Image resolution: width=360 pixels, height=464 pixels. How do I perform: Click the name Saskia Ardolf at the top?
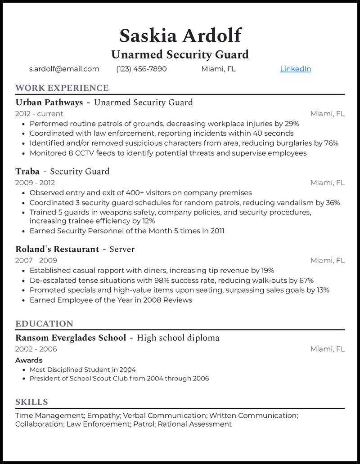coord(180,36)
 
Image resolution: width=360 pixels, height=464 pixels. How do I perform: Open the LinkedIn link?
coord(295,69)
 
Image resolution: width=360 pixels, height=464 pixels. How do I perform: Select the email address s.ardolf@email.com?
coord(64,69)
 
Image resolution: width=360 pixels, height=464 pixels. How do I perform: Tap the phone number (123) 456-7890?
coord(141,69)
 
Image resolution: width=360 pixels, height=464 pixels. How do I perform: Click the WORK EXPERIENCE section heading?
coord(62,88)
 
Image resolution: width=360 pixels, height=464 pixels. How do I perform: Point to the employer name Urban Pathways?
coord(49,103)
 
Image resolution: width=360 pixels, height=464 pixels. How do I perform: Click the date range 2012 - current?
coord(39,114)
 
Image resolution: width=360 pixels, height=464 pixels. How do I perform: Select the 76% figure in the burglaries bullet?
coord(331,143)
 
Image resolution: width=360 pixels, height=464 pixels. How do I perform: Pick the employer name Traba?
coord(27,171)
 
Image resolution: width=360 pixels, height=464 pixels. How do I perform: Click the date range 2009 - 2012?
coord(35,183)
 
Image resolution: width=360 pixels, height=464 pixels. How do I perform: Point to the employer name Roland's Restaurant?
coord(57,249)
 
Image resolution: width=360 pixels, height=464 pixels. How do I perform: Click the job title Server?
coord(122,249)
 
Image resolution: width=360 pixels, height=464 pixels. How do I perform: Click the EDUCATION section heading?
coord(44,324)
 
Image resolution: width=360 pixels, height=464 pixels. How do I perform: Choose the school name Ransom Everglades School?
coord(71,338)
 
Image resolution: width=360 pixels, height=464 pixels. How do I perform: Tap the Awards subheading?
coord(29,360)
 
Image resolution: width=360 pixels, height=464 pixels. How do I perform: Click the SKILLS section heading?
coord(31,402)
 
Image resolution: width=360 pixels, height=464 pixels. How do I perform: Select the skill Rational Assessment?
coord(195,424)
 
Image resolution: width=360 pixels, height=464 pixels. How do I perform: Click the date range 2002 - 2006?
coord(36,349)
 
